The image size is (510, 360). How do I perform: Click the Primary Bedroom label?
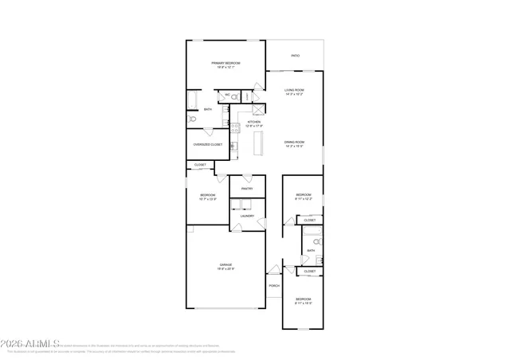226,63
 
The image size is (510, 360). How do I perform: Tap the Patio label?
296,56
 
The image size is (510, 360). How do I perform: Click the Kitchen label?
254,122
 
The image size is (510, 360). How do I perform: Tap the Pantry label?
247,189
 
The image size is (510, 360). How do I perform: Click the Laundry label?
247,216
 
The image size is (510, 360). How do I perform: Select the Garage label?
226,264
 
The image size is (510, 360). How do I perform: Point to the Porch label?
273,286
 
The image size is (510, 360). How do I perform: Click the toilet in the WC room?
235,96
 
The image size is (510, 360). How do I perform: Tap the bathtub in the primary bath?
192,100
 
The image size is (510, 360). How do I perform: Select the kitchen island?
258,143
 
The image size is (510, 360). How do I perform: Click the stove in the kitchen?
235,126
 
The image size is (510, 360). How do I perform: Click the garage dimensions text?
226,269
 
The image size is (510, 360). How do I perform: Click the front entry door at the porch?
273,271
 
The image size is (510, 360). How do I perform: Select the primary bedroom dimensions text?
226,68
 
